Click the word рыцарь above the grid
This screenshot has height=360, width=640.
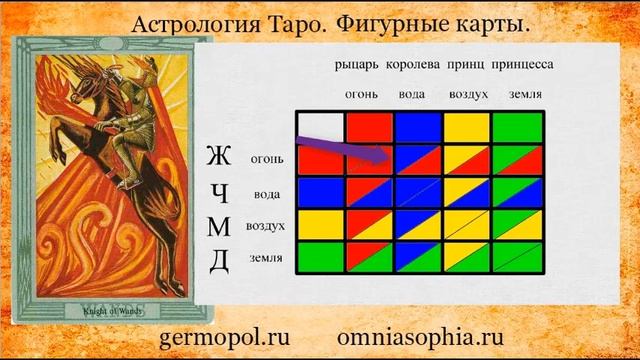[356, 65]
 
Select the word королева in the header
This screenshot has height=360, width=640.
[413, 65]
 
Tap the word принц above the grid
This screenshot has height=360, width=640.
[466, 65]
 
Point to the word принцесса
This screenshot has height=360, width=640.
[522, 65]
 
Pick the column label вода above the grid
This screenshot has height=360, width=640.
[413, 95]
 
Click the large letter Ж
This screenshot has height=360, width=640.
[218, 158]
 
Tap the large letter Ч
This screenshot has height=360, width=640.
[220, 193]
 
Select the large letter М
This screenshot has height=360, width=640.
[219, 227]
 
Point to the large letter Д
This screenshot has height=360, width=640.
[220, 260]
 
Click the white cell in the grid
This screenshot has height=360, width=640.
[320, 127]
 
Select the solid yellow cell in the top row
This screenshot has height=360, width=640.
[467, 127]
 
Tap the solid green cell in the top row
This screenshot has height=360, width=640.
[517, 127]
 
